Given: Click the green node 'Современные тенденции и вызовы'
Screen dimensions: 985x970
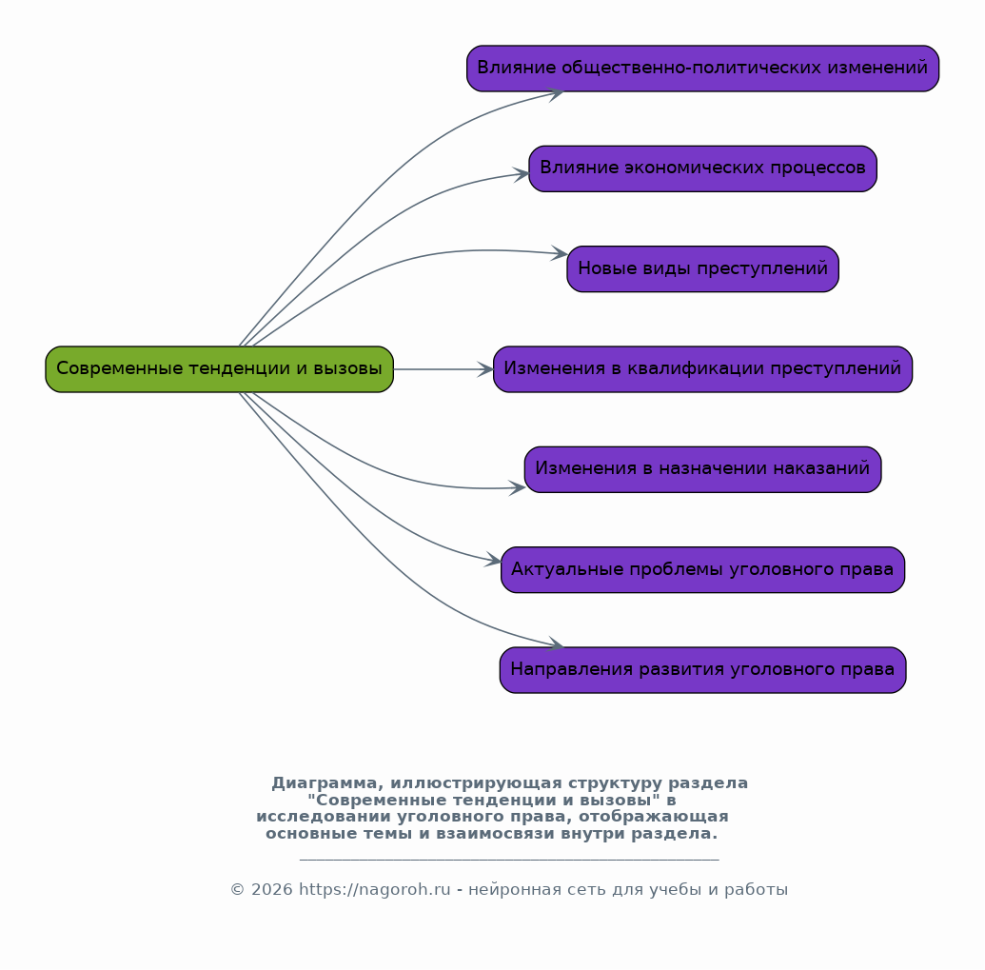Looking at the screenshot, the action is pos(219,369).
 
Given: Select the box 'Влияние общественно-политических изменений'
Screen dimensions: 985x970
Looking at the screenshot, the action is pos(702,69).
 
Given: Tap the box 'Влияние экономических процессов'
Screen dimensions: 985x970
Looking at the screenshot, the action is pos(702,169).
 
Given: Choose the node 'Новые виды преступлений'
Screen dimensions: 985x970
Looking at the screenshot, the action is pos(702,268).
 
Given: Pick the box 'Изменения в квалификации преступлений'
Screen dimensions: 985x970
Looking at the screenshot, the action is pos(702,369).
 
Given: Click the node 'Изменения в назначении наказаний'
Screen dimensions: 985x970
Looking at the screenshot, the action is pos(702,469).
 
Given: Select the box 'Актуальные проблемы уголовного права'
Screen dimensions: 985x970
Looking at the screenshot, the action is pos(702,570).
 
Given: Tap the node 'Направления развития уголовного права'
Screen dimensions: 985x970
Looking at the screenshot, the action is pos(702,670).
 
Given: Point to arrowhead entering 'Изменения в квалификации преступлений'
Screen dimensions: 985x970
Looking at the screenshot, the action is pos(485,369).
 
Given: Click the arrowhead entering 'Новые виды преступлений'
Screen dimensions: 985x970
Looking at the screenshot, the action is pos(560,253).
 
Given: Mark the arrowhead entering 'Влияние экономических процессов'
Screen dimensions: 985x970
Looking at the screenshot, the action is pos(522,174).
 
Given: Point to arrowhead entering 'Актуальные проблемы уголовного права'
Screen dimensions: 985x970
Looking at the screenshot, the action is pos(493,559).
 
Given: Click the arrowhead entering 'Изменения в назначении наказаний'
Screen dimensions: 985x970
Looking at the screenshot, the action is pos(518,487).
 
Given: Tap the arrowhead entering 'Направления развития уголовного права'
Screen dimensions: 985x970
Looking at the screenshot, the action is pos(556,643).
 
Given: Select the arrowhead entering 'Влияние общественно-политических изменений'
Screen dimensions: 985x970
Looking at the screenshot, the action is pos(556,94).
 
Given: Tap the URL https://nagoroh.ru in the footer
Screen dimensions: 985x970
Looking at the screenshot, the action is pos(374,890).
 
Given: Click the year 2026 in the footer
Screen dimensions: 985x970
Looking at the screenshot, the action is pos(271,890).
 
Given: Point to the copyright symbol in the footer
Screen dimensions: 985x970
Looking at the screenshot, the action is pos(237,890).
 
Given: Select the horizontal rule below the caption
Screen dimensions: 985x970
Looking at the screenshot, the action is pos(509,859).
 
